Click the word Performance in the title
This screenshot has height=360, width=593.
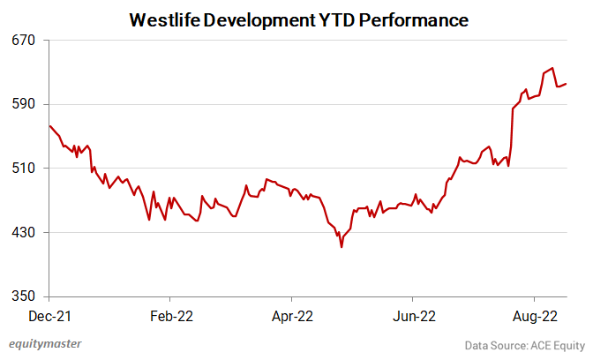point(415,19)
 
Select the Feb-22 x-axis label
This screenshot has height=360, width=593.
point(171,314)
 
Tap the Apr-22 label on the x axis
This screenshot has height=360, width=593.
point(292,314)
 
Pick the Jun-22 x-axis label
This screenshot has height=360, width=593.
point(413,314)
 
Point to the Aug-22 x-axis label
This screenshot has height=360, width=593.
point(534,314)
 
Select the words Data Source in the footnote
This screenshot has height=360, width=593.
point(493,345)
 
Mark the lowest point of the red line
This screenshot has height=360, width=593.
point(342,247)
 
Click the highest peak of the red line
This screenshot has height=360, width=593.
point(552,67)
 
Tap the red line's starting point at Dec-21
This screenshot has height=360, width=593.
point(50,125)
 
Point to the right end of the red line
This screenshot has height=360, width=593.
point(566,84)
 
